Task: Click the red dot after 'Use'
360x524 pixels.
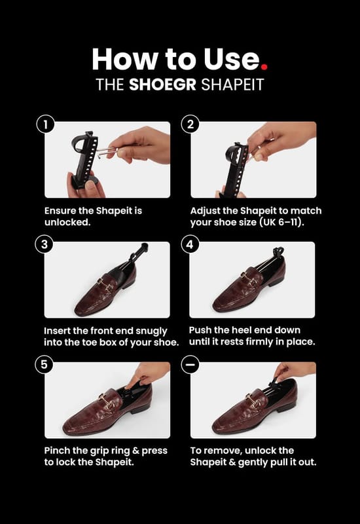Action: [264, 67]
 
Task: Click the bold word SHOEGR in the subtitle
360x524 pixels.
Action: [162, 84]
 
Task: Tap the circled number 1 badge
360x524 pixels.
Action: [45, 124]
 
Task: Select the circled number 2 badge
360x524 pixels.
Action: [190, 124]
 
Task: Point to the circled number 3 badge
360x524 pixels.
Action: [45, 244]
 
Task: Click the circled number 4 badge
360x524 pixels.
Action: [190, 244]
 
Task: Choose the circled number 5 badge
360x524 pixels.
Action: [45, 364]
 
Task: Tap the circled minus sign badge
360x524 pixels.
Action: [190, 364]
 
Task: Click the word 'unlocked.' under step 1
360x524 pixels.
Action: [67, 222]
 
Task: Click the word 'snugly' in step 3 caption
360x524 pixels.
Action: [151, 331]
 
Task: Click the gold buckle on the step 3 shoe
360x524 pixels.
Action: [106, 285]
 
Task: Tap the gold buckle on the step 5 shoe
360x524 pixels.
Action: [107, 402]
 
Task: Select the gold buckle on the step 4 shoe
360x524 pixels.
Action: [249, 280]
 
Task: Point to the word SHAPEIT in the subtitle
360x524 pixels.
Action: [232, 84]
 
